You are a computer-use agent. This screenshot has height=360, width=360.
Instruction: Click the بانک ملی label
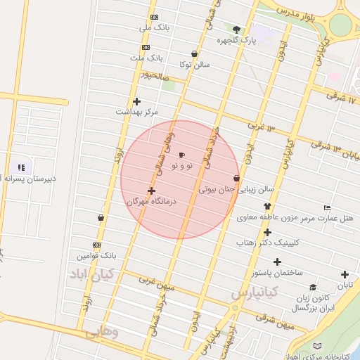pyautogui.click(x=155, y=27)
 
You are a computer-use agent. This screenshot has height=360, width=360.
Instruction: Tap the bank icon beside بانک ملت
pyautogui.click(x=145, y=47)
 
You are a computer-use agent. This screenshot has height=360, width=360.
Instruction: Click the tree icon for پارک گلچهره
pyautogui.click(x=236, y=30)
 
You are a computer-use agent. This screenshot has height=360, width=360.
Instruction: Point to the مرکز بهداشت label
pyautogui.click(x=137, y=112)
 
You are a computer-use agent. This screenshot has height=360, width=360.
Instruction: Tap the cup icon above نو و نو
pyautogui.click(x=182, y=155)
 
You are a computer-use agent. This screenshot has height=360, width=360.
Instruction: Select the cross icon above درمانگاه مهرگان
pyautogui.click(x=151, y=191)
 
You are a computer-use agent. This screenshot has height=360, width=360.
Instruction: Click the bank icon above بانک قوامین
pyautogui.click(x=97, y=245)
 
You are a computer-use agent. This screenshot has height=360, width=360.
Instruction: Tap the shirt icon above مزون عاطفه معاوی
pyautogui.click(x=267, y=206)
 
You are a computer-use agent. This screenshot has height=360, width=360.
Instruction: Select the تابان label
pyautogui.click(x=344, y=285)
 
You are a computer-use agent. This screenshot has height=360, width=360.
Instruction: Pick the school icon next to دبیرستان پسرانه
pyautogui.click(x=21, y=167)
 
